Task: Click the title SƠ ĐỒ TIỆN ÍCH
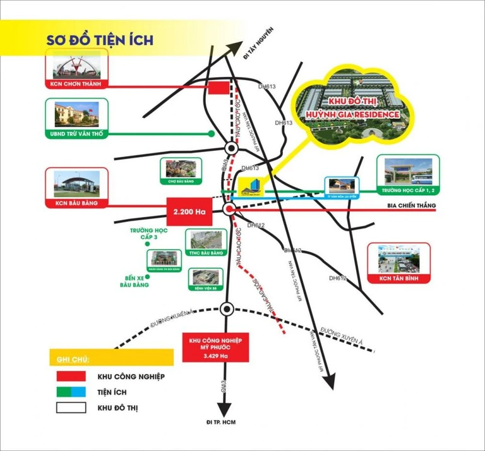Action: click(x=99, y=39)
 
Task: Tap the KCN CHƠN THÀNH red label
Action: click(x=76, y=84)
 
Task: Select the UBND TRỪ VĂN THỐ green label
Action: click(x=76, y=134)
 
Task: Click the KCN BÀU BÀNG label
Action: click(x=76, y=203)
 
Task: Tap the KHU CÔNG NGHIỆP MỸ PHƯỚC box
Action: click(x=217, y=346)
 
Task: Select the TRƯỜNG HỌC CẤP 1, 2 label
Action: click(x=407, y=189)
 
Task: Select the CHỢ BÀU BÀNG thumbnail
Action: click(x=181, y=170)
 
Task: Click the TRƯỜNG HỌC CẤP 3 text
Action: click(x=147, y=234)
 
